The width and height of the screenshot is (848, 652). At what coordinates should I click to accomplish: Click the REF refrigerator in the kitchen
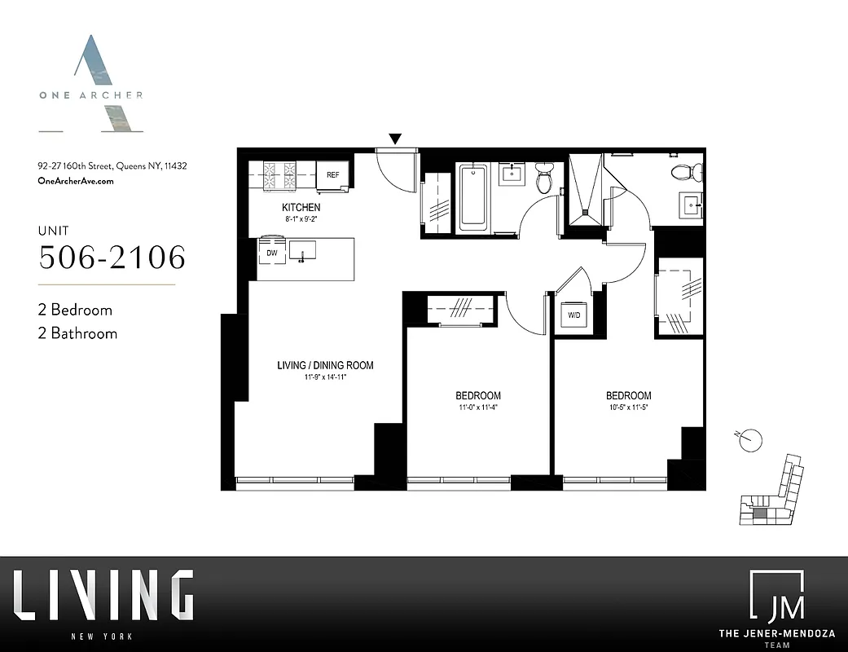(x=333, y=174)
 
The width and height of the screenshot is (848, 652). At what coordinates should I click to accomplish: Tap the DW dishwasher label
(x=272, y=253)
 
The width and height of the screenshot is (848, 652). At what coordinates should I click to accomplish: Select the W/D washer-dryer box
(x=573, y=315)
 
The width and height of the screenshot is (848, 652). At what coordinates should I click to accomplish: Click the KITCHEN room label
(x=301, y=208)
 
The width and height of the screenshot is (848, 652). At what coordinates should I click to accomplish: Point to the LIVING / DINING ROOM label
(x=325, y=365)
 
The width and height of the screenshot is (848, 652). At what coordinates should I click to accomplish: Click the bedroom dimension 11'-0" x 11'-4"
(x=477, y=407)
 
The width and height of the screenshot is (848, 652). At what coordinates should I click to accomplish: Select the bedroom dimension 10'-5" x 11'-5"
(x=628, y=407)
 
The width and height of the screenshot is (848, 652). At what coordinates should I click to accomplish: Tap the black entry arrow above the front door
(x=395, y=140)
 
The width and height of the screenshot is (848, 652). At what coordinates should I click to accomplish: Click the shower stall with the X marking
(x=587, y=189)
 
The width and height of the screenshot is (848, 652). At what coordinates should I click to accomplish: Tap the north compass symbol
(x=753, y=440)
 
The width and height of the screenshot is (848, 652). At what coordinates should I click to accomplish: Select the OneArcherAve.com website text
(x=76, y=181)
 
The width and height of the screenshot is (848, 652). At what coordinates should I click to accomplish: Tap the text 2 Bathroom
(x=78, y=333)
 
